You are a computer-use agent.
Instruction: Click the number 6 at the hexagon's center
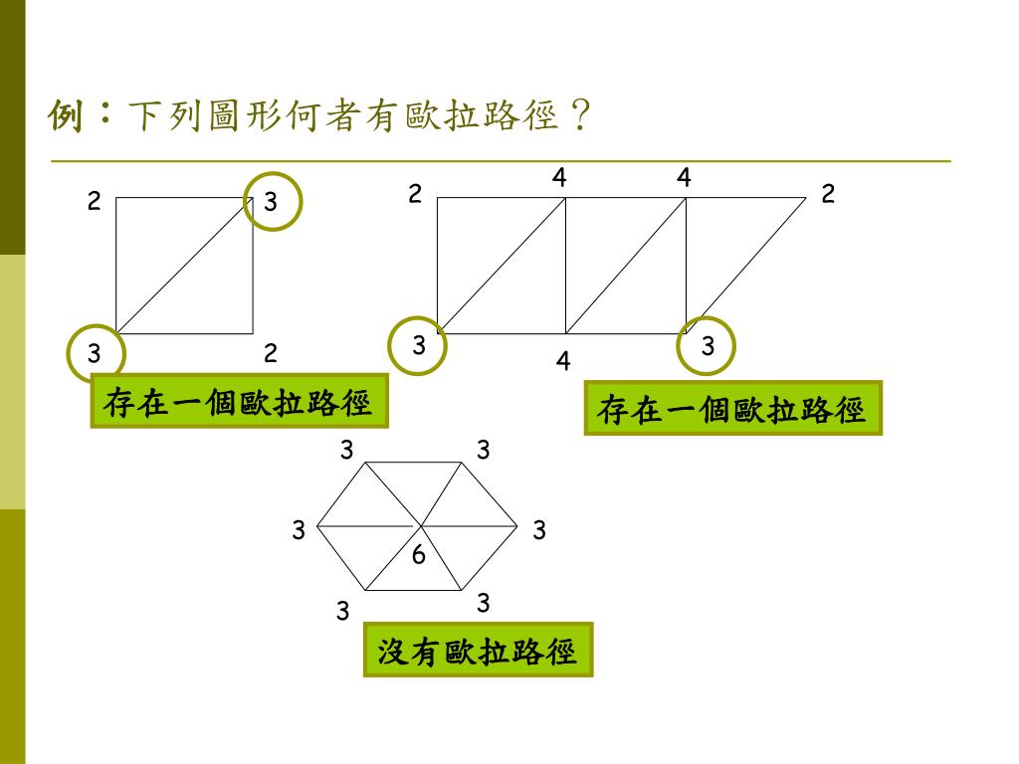pos(419,555)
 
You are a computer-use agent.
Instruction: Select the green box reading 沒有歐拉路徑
pos(478,651)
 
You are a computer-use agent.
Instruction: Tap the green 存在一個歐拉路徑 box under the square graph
pos(239,403)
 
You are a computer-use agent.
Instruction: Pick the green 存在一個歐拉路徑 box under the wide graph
pos(732,409)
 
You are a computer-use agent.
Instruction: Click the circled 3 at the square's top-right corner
pos(272,202)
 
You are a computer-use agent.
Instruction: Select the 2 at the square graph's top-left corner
pos(94,202)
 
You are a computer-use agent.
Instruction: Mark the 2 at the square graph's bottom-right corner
pos(270,353)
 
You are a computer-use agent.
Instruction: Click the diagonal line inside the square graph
pos(185,266)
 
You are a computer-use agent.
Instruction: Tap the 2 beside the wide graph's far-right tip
pos(828,194)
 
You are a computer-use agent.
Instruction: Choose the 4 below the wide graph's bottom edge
pos(563,360)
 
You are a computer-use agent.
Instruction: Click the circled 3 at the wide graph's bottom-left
pos(419,345)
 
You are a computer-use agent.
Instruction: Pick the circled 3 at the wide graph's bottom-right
pos(707,346)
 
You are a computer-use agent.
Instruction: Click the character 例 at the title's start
pos(67,118)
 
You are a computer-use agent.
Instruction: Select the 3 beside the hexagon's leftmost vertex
pos(299,531)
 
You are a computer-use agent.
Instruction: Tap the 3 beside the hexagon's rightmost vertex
pos(538,531)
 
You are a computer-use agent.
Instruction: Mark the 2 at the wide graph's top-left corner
pos(415,194)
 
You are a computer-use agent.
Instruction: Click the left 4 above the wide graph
pos(560,178)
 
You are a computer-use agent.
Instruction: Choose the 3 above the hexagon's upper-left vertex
pos(346,451)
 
